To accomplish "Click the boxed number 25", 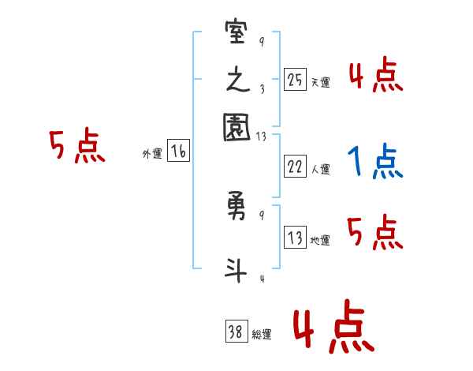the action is (295, 80).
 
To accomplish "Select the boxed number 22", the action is (295, 167).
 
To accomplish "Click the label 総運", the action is (262, 335).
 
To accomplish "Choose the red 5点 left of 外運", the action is (77, 147).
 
